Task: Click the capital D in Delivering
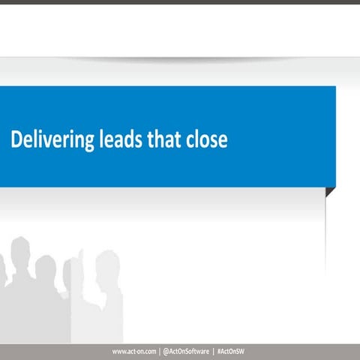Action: click(16, 140)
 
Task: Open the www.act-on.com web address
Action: click(134, 352)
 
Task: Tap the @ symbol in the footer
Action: click(166, 352)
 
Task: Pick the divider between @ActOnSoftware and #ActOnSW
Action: click(214, 352)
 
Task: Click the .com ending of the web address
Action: click(150, 352)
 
